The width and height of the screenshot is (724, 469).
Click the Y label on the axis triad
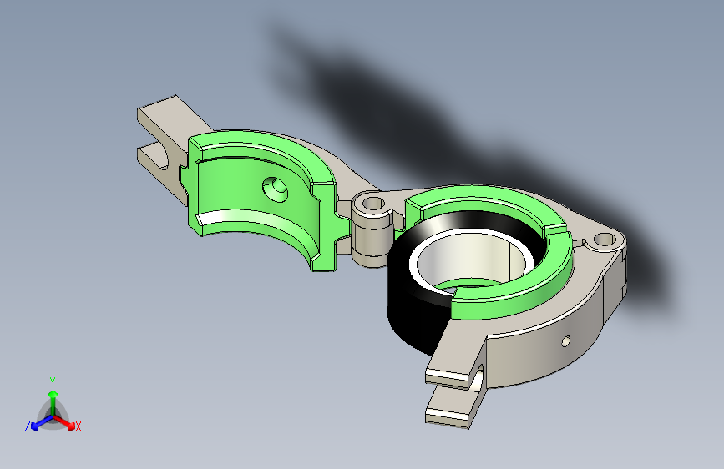[x=53, y=382]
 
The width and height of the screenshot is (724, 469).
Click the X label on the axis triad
[x=78, y=426]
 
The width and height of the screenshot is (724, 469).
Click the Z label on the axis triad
[x=28, y=426]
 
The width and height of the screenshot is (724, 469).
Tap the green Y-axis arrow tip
[x=53, y=394]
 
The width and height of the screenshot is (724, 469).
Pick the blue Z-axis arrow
[x=42, y=422]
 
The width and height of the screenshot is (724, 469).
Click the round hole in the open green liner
[x=276, y=189]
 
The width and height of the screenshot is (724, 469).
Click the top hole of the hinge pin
[x=373, y=203]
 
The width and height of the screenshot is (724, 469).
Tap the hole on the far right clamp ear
[x=605, y=240]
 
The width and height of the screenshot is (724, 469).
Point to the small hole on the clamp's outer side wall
[x=565, y=341]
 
